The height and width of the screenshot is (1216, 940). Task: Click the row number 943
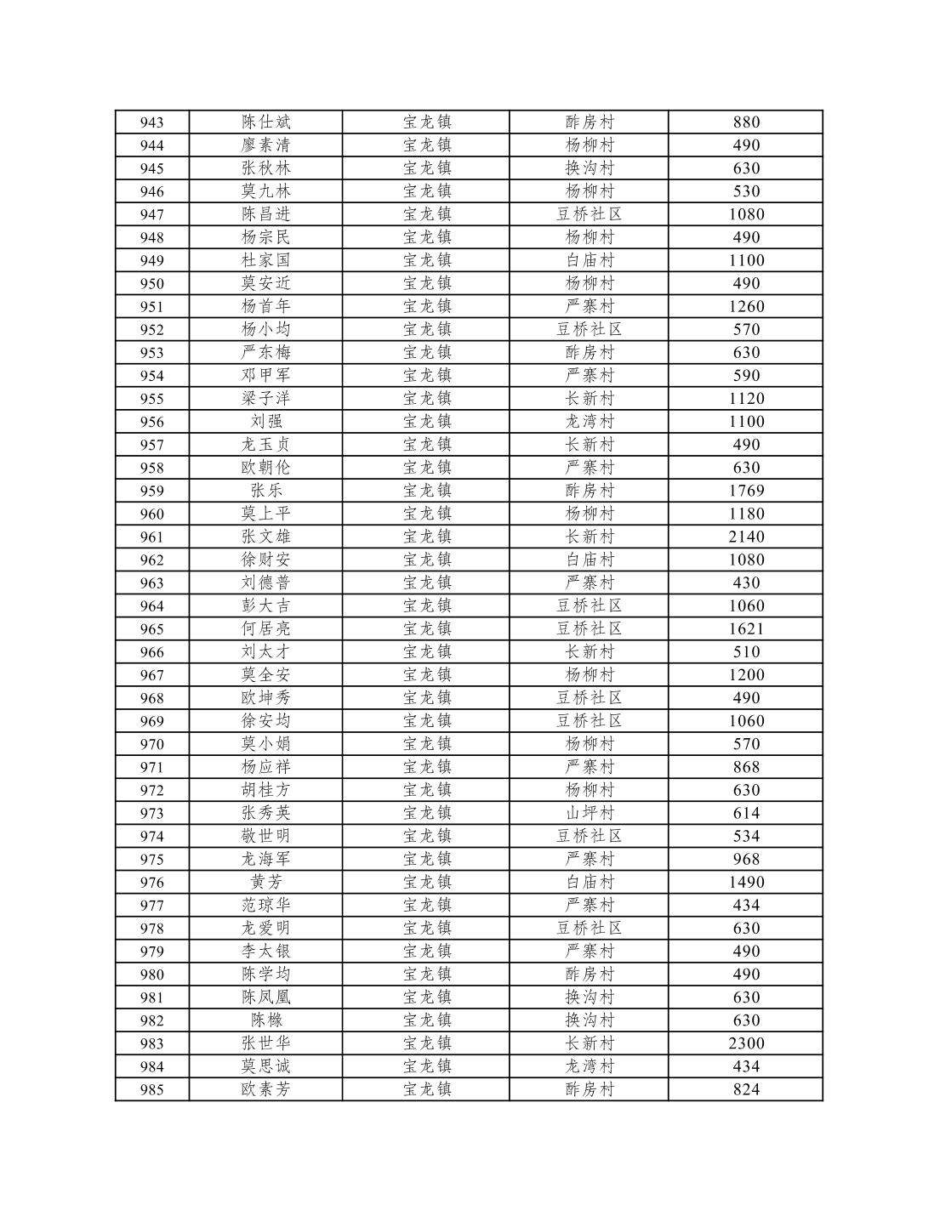click(x=151, y=122)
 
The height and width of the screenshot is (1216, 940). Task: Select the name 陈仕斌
click(x=265, y=122)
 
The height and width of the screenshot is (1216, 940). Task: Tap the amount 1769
click(x=746, y=491)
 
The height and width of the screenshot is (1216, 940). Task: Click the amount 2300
click(x=746, y=1043)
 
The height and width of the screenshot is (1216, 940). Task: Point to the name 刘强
click(x=265, y=422)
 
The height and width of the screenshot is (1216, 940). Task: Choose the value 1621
click(x=746, y=629)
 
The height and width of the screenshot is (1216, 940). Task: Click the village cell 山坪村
click(x=589, y=813)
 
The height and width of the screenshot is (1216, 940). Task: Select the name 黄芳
click(x=265, y=882)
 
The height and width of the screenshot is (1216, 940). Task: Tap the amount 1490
click(x=746, y=882)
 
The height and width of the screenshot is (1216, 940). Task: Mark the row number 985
click(x=151, y=1089)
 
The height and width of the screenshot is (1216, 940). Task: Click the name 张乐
click(x=265, y=491)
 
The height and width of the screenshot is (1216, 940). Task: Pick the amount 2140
click(x=746, y=537)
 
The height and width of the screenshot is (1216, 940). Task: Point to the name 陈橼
click(x=265, y=1020)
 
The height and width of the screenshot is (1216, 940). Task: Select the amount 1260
click(x=746, y=306)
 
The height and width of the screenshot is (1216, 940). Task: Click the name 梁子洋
click(x=265, y=399)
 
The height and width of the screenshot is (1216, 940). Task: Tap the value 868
click(x=746, y=767)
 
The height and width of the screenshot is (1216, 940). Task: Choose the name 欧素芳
click(x=265, y=1089)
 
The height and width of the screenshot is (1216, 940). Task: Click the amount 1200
click(x=746, y=675)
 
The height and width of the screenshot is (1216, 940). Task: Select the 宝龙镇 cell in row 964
click(x=426, y=606)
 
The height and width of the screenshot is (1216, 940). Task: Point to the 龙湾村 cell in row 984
click(x=589, y=1066)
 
